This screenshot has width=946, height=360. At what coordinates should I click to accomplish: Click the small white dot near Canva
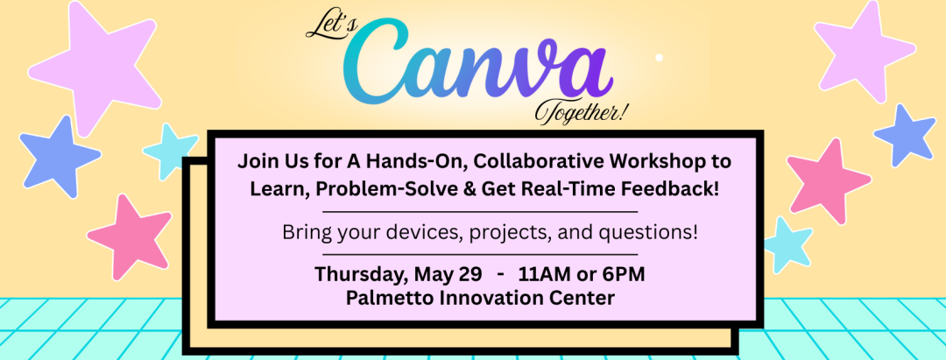(x=659, y=57)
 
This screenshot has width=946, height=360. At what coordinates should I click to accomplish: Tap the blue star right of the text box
(x=904, y=136)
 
